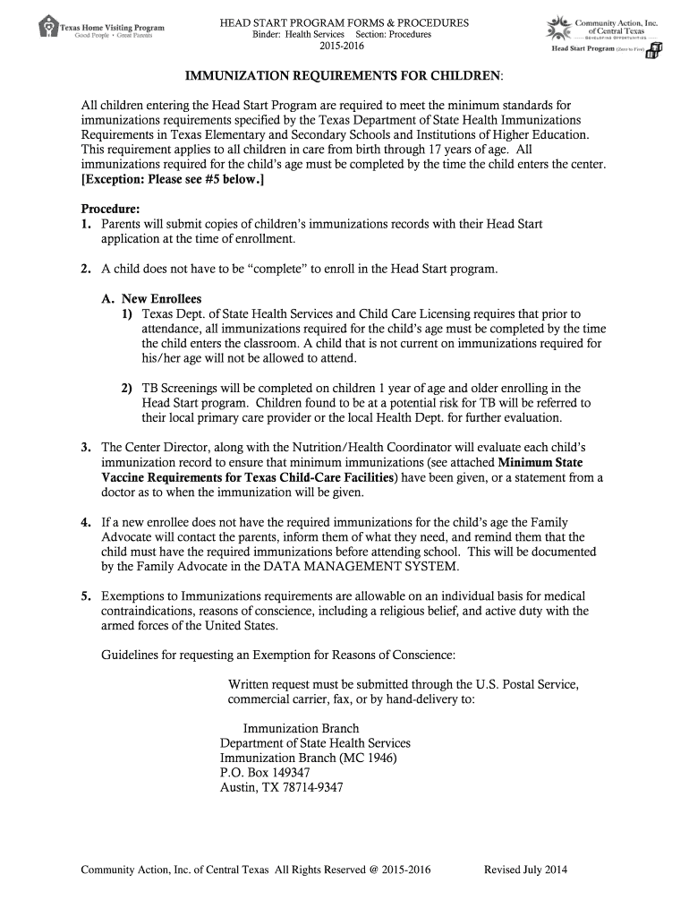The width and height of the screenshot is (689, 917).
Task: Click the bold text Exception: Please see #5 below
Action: click(x=173, y=179)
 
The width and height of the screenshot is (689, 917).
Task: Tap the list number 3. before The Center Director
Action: click(x=86, y=447)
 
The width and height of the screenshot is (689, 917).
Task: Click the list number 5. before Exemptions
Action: click(x=86, y=596)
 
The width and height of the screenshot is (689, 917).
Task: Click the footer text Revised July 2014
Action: click(x=525, y=870)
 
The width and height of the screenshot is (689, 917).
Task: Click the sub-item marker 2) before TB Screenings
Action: click(x=128, y=388)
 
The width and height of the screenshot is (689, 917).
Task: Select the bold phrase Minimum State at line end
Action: click(x=540, y=462)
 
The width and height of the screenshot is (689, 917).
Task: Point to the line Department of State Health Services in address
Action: click(x=315, y=743)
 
